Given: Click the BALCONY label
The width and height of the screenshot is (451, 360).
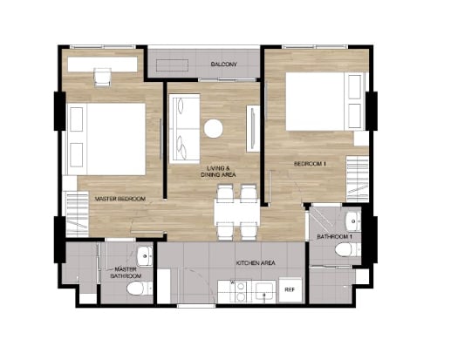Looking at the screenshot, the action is click(x=224, y=65).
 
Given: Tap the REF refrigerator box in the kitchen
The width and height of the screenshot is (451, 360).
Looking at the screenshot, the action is click(x=290, y=289).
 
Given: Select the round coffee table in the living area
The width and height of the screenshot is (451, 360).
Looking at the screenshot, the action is click(x=214, y=128).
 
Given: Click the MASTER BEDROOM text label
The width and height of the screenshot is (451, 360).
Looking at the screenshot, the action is click(x=120, y=199).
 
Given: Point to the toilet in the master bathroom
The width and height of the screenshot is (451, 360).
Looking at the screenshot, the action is click(x=140, y=289).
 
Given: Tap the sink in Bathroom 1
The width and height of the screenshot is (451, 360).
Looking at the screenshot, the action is click(x=353, y=221).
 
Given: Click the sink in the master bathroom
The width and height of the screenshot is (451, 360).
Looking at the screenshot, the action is click(x=145, y=256).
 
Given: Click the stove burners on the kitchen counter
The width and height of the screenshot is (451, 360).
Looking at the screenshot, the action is click(x=239, y=292).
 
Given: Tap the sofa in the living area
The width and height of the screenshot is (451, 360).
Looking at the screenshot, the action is click(x=184, y=128).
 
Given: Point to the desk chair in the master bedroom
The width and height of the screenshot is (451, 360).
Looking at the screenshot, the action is click(x=102, y=77).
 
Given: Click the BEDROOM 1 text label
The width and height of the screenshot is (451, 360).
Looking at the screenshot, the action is click(x=310, y=164).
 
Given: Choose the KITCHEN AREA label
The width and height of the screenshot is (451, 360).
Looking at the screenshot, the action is click(x=256, y=263).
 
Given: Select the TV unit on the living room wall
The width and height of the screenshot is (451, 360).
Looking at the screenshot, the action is click(x=253, y=128).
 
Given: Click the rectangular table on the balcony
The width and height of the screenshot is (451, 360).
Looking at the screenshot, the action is click(x=173, y=65).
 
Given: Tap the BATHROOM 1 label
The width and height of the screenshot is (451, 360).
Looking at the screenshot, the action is click(x=334, y=237).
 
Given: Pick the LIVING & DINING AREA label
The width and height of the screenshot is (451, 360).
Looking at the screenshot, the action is click(x=218, y=172).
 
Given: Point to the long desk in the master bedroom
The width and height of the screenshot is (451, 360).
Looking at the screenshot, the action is click(x=102, y=65).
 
